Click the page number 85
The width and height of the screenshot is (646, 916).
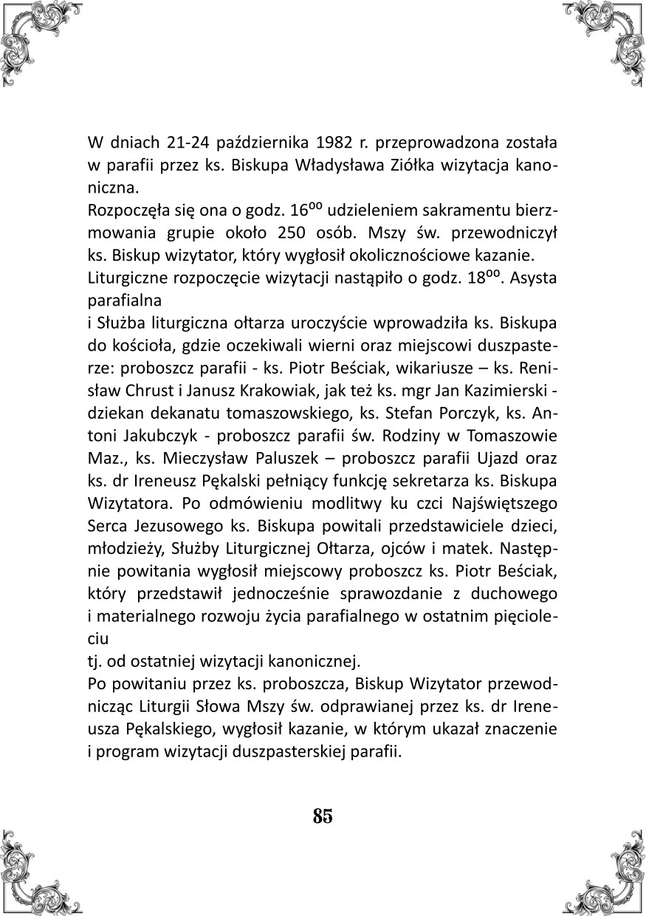(x=323, y=816)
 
